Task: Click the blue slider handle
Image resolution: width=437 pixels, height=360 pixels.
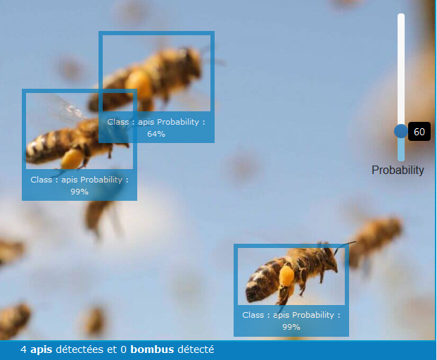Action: [x=401, y=131]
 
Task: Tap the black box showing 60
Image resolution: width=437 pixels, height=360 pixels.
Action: [x=419, y=132]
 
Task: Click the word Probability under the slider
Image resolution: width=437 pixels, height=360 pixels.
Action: [x=398, y=170]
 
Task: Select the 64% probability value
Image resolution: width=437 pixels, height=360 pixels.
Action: [x=156, y=134]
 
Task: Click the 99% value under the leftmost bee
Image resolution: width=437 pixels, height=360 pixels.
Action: [x=80, y=192]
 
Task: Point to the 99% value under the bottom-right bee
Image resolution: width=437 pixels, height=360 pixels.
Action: [x=291, y=327]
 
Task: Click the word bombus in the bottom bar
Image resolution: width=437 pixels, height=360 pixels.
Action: [x=152, y=349]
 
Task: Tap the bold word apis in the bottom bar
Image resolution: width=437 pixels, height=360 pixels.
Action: [x=42, y=350]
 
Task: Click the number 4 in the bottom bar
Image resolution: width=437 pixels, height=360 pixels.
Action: [x=23, y=349]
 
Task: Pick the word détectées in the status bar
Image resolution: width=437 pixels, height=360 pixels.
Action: [x=80, y=349]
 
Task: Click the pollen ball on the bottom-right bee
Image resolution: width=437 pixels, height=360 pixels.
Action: [x=286, y=275]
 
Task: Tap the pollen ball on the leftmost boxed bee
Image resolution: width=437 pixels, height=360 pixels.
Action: [x=72, y=159]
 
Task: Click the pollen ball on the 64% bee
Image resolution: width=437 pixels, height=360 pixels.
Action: [x=139, y=83]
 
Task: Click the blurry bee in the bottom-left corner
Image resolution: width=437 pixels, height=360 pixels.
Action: [x=14, y=321]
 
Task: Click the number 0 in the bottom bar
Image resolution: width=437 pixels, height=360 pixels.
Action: [x=123, y=349]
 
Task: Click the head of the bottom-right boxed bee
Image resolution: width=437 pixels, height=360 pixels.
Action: [x=329, y=258]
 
